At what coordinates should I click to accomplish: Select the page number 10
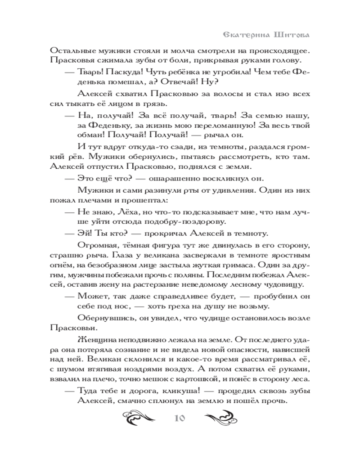[x=180, y=418]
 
